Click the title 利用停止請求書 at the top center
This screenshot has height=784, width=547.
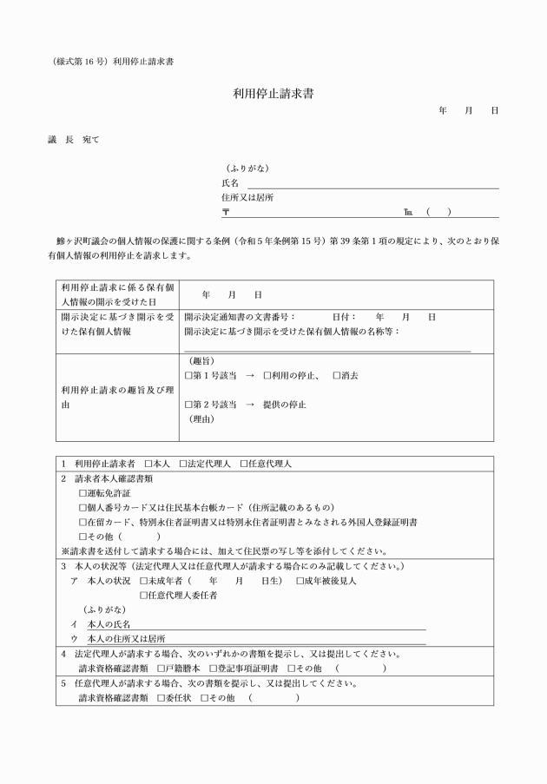coord(273,93)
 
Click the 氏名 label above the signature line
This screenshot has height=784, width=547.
coord(230,182)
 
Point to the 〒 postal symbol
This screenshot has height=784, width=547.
coord(226,212)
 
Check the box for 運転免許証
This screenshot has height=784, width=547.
coord(83,492)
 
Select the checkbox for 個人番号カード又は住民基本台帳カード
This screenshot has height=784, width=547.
coord(83,507)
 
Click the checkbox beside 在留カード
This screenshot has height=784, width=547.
coord(83,522)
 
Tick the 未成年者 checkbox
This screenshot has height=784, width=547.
coord(144,581)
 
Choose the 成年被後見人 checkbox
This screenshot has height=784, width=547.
coord(300,581)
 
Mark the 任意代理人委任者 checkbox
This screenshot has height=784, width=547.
coord(144,596)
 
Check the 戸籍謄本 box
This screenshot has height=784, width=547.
coord(161,669)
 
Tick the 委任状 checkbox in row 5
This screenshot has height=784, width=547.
coord(161,698)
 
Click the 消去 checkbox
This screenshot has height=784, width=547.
coord(337,375)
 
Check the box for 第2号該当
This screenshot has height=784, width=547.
coord(189,405)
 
